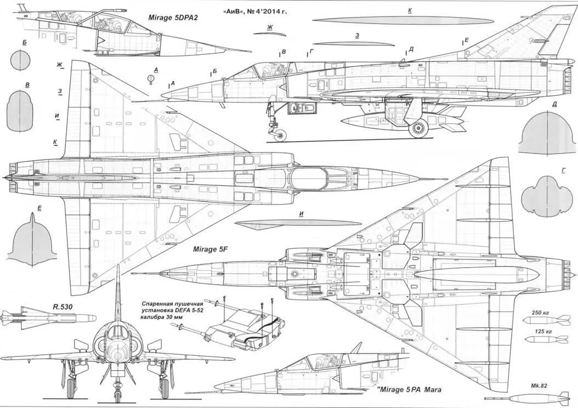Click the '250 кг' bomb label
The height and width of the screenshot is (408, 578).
tap(541, 313)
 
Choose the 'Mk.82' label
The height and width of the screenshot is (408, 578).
tap(539, 386)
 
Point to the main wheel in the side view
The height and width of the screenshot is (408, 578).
tap(420, 129)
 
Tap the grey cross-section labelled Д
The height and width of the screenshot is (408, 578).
tap(545, 134)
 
